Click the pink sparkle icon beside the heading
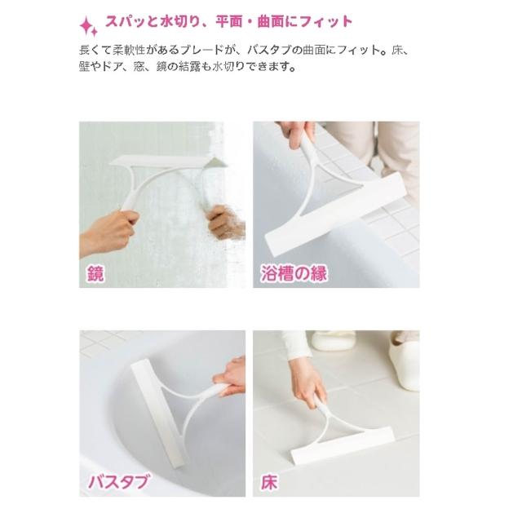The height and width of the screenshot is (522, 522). click(89, 26)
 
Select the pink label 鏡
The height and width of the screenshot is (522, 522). click(95, 273)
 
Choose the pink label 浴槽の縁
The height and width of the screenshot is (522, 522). click(294, 274)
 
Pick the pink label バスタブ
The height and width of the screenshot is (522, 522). click(118, 481)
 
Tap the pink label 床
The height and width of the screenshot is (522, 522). click(269, 482)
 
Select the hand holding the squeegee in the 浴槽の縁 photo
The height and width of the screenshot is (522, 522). click(296, 133)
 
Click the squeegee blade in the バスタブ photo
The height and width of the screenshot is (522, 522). click(157, 413)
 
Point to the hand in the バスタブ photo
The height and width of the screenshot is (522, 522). click(230, 376)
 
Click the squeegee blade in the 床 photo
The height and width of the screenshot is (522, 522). click(343, 445)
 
